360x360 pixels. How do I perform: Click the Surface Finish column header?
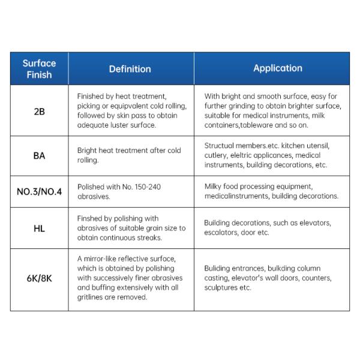click(39, 68)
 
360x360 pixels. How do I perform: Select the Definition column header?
click(130, 68)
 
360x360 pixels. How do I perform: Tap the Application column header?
click(277, 68)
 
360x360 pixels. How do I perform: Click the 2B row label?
click(39, 110)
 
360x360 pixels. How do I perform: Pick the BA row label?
click(39, 155)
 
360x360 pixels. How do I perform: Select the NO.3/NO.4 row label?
click(39, 191)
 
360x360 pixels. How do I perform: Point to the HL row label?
click(39, 228)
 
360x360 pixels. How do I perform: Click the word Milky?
click(214, 187)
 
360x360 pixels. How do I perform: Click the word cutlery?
click(216, 155)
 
